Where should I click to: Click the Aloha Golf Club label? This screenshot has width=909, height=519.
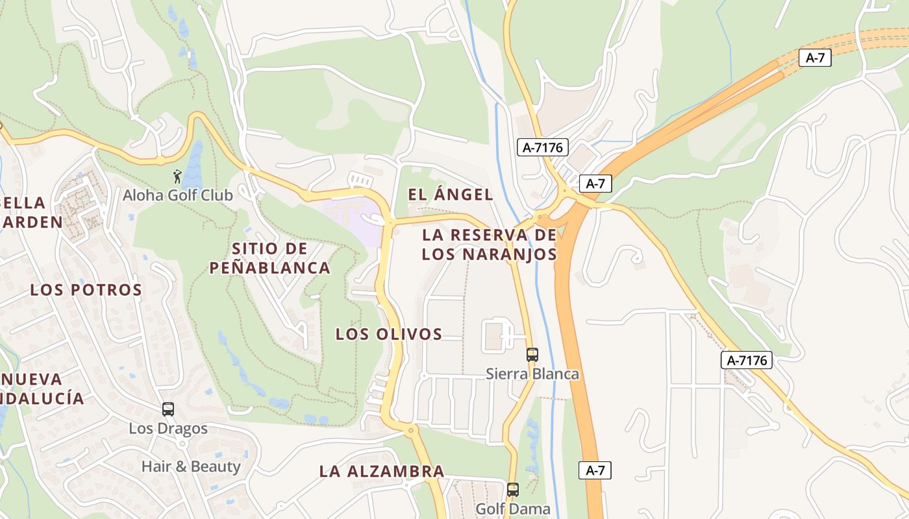pos(178,195)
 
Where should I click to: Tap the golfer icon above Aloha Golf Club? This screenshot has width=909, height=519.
pos(177,176)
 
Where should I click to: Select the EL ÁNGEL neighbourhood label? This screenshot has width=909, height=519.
pos(450,194)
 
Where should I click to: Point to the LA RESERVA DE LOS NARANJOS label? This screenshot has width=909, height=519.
pos(489,244)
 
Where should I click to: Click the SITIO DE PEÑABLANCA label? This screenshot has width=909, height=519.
pos(269,258)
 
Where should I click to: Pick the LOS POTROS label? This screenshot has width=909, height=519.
pos(86,290)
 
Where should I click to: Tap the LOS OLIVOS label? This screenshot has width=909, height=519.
pos(388,334)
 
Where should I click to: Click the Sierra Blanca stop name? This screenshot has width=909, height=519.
pos(532,374)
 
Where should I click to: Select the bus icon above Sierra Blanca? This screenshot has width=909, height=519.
pos(532,354)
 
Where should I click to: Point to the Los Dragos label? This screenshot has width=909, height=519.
pos(168,428)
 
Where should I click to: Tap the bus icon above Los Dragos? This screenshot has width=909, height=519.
pos(168,409)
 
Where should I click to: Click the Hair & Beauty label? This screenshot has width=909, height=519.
pos(191,466)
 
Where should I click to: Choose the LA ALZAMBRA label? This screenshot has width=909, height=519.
pos(382,472)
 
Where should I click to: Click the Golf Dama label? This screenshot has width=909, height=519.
pos(513,509)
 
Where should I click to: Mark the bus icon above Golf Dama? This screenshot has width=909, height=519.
pos(513,489)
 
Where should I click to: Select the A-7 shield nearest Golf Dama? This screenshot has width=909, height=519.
pos(595,470)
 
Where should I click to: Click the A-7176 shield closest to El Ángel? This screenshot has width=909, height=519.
pos(543,147)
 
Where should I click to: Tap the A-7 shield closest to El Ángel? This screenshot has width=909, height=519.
pos(595,184)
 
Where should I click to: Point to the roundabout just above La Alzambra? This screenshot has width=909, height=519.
pos(410,429)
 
